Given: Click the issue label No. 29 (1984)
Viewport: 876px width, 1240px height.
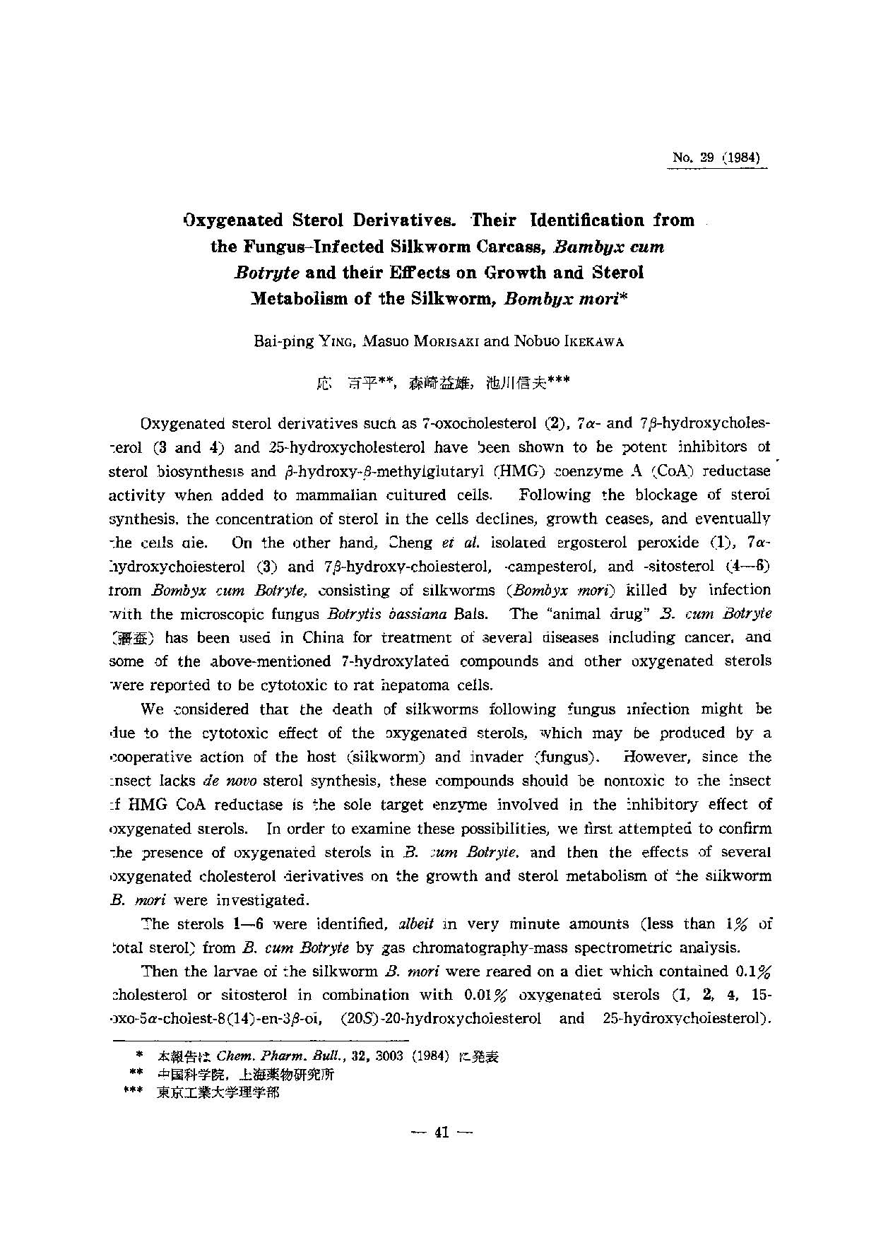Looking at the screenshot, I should (717, 158).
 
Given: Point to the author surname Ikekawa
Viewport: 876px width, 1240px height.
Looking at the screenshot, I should (590, 341).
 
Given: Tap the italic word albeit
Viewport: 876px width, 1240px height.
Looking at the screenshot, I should (401, 924).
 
